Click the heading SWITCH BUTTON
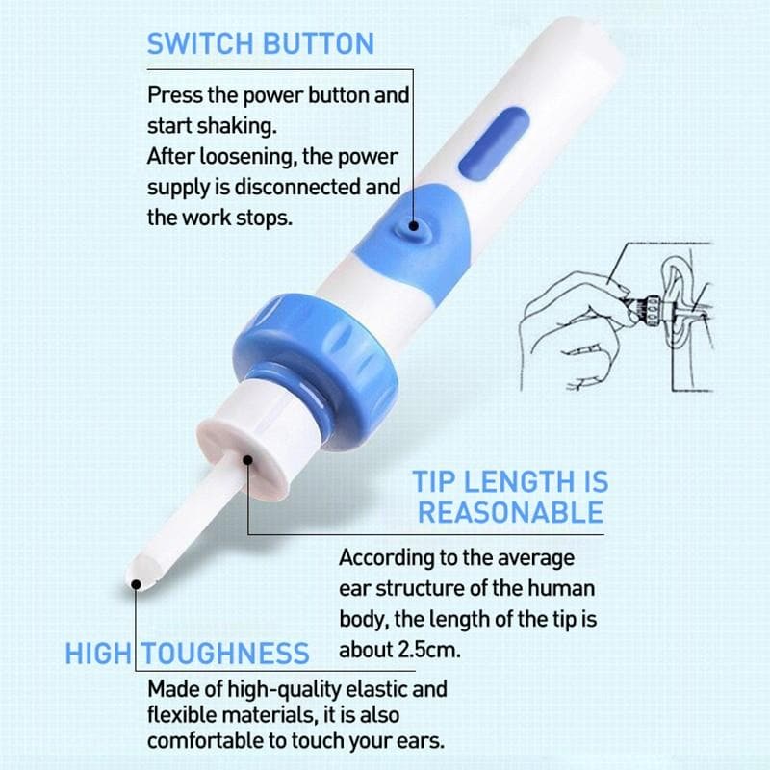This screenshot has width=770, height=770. pyautogui.click(x=260, y=43)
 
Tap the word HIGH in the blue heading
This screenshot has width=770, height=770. pyautogui.click(x=97, y=654)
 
